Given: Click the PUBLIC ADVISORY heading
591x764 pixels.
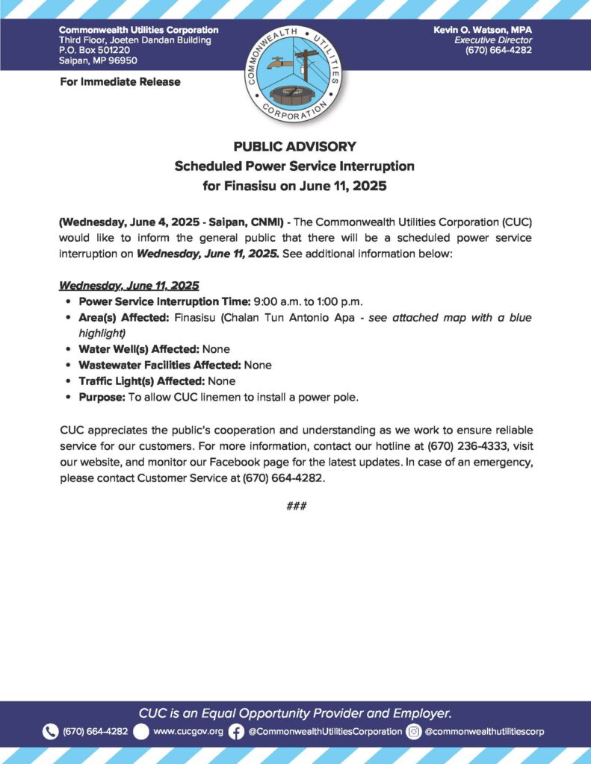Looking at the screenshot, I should tap(294, 146).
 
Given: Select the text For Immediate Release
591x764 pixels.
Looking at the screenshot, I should tap(120, 81).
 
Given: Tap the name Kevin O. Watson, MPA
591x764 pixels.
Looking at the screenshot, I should tap(482, 29).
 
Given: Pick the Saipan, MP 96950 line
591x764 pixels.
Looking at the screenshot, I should tap(98, 60).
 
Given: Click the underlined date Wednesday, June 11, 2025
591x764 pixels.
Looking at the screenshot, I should tap(129, 286).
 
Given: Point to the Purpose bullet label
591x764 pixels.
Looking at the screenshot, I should tap(102, 397).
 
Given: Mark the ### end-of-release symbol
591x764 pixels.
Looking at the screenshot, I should tap(296, 507).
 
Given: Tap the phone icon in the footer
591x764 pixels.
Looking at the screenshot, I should tap(51, 731).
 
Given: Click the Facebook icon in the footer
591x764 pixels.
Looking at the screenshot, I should tap(236, 731).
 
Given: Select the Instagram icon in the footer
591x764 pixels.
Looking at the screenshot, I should tap(414, 731).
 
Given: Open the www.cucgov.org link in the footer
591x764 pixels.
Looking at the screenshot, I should tap(188, 731).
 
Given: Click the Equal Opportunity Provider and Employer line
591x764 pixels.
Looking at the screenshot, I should tap(295, 713).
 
